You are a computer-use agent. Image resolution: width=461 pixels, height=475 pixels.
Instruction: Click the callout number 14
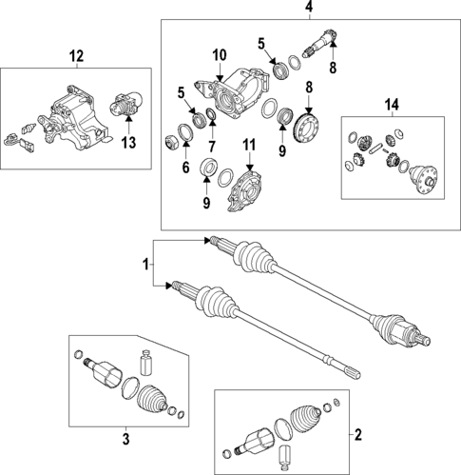[x=392, y=103]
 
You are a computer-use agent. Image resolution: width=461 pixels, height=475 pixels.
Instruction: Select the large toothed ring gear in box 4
[x=306, y=128]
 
